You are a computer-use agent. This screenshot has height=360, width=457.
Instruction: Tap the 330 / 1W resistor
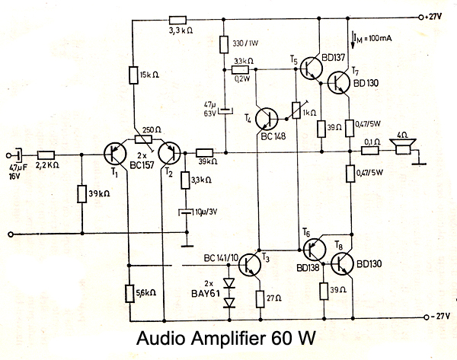tap(226, 45)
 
